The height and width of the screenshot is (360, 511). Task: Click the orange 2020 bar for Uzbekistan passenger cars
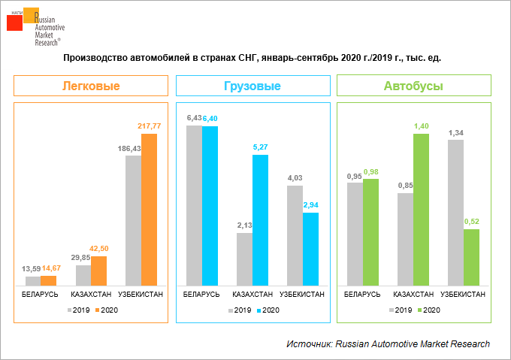tap(150, 210)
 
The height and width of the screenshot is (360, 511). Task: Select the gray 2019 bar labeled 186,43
tap(133, 220)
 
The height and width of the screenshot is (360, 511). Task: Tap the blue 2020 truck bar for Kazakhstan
tap(260, 219)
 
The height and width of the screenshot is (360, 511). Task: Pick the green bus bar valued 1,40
tap(421, 210)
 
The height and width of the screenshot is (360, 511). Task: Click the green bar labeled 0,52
tap(471, 257)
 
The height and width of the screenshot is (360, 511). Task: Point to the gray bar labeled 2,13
tap(244, 259)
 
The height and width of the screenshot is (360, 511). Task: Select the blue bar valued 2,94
tap(310, 249)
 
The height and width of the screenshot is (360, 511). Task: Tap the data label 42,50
tap(99, 249)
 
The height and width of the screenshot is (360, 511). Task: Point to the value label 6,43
tap(194, 118)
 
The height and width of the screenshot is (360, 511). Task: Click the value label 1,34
tap(455, 132)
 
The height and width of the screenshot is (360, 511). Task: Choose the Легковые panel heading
tap(90, 86)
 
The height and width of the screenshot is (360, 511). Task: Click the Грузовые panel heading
tap(252, 86)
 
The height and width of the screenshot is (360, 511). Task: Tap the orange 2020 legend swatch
tap(96, 310)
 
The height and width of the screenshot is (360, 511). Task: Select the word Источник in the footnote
tap(308, 343)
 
